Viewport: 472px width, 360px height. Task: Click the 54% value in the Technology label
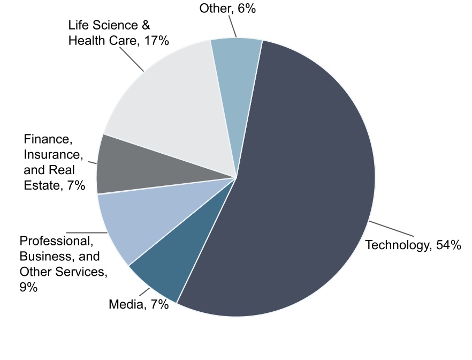(x=448, y=246)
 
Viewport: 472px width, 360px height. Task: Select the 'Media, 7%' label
(x=139, y=305)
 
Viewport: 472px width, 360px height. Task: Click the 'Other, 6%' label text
(x=227, y=9)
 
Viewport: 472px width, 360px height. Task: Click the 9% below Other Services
(x=28, y=287)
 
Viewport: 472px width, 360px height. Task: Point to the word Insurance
(x=53, y=155)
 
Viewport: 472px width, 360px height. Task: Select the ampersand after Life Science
(x=146, y=25)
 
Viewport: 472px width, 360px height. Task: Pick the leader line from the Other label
(x=233, y=26)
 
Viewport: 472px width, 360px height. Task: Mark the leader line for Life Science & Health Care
(x=131, y=58)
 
